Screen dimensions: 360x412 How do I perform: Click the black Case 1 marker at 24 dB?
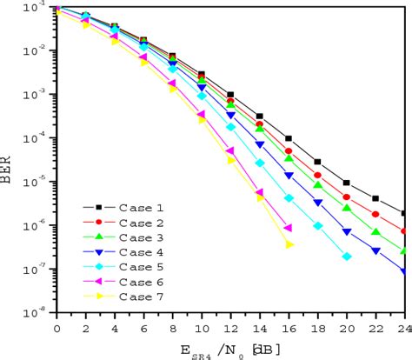(x=404, y=213)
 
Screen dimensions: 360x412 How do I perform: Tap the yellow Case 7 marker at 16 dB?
(x=289, y=245)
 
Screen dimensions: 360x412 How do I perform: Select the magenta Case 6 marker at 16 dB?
(x=289, y=228)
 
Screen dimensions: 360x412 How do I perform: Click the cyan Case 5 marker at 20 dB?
(x=347, y=257)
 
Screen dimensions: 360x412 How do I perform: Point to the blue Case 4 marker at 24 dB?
(x=404, y=271)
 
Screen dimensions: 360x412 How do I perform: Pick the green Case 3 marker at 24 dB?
(x=404, y=250)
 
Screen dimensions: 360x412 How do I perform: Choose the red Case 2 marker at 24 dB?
(x=404, y=230)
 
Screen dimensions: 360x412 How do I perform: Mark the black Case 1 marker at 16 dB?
(x=289, y=138)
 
